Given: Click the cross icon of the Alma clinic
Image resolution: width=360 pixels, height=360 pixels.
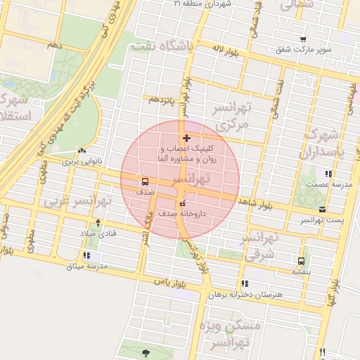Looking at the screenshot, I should pyautogui.click(x=186, y=138).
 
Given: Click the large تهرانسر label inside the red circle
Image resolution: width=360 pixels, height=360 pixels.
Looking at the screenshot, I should pyautogui.click(x=184, y=181).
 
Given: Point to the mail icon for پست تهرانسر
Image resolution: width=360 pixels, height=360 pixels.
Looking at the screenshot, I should pyautogui.click(x=322, y=210).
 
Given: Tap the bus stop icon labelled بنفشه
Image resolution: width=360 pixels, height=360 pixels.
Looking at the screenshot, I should pyautogui.click(x=302, y=260).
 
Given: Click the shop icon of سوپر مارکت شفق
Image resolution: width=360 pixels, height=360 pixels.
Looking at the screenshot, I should pyautogui.click(x=302, y=40).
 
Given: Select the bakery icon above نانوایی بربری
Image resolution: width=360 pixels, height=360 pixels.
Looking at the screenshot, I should pyautogui.click(x=82, y=150).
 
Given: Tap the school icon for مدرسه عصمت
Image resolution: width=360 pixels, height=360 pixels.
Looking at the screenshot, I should pyautogui.click(x=328, y=173).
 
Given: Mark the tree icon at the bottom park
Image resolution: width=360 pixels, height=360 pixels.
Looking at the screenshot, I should pyautogui.click(x=146, y=353).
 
